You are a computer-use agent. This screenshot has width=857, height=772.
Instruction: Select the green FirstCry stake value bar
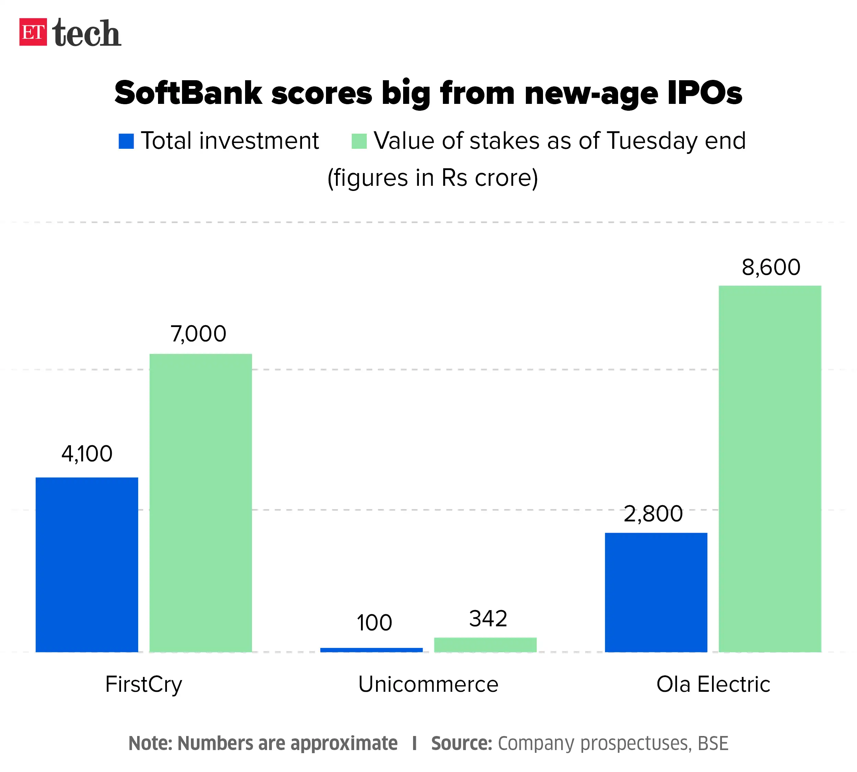pos(200,503)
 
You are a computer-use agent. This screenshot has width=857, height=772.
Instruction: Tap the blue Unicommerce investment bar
pos(371,649)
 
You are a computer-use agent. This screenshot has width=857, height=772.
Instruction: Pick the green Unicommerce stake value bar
pos(485,644)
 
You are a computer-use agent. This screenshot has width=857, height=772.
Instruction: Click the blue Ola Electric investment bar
pos(655,592)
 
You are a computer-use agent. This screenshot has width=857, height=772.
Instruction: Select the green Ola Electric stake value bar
pos(770,469)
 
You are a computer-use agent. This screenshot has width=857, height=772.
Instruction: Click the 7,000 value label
pos(198,334)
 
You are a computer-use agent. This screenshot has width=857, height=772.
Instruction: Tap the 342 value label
pos(488,618)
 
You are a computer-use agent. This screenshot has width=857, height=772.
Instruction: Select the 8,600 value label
pos(771,267)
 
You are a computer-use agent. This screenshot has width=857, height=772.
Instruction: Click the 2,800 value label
pos(653,514)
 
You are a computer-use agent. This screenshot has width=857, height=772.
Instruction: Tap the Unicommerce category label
pos(428,684)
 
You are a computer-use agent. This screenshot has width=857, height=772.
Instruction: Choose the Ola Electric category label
pos(713,684)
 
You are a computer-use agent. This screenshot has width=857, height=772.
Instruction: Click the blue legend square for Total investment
pos(126,141)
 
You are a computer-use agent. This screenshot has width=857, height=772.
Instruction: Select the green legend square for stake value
pos(359,141)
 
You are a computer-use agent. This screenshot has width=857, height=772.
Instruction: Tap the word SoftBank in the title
pos(189,93)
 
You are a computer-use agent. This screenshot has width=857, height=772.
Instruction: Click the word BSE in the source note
pos(713,743)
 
